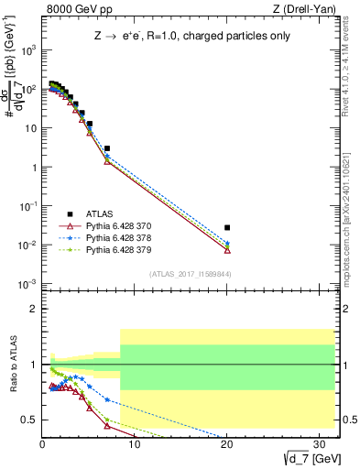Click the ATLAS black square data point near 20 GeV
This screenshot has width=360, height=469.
pyautogui.click(x=227, y=227)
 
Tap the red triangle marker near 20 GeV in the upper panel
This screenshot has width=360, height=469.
pyautogui.click(x=227, y=250)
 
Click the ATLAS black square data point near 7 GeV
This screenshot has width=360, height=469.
pyautogui.click(x=107, y=148)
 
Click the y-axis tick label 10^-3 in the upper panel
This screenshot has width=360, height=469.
pyautogui.click(x=28, y=284)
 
